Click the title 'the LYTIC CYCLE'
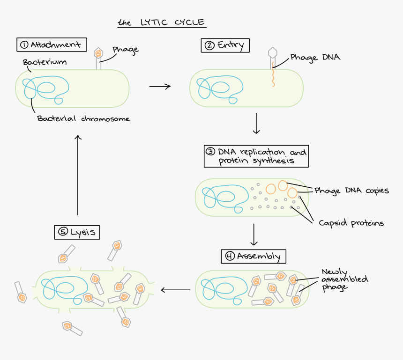tap(161, 22)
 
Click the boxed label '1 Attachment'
tap(52, 45)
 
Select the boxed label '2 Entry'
tap(225, 45)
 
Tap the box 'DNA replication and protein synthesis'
tap(256, 156)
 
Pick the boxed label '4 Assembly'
tap(254, 256)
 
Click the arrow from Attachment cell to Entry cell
tap(160, 87)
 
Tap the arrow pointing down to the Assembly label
tap(254, 235)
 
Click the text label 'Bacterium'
tap(45, 62)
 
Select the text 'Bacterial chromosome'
tap(83, 118)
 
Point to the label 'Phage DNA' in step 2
tap(315, 58)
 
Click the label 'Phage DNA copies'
tap(351, 191)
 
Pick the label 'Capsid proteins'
tap(351, 223)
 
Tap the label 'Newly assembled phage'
tap(344, 279)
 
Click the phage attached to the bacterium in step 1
tap(98, 58)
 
